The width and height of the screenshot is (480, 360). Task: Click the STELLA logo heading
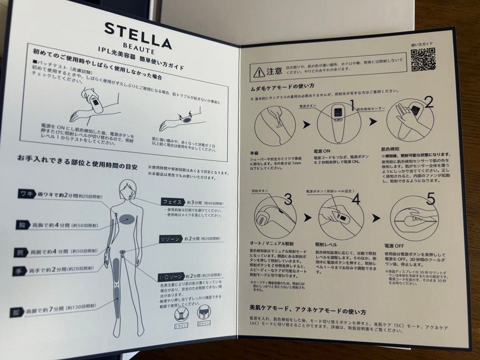(x=138, y=35)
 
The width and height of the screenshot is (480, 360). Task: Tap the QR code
(x=423, y=60)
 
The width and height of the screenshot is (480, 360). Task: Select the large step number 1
(x=351, y=105)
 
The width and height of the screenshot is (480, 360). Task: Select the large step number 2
(x=428, y=103)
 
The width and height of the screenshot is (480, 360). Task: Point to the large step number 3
(x=288, y=200)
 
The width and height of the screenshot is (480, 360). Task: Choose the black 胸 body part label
(x=20, y=224)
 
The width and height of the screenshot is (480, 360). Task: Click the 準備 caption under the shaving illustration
(x=255, y=152)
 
